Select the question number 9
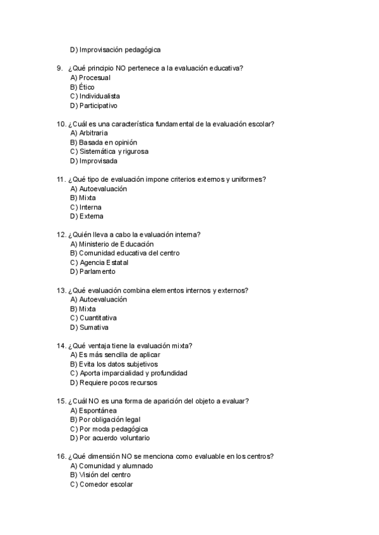(x=60, y=68)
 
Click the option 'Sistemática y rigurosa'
(x=113, y=151)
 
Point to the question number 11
(x=61, y=179)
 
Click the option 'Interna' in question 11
(x=90, y=207)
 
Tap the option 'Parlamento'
(x=97, y=271)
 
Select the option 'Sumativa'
(x=93, y=327)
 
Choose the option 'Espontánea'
(x=98, y=410)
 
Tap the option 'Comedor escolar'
(x=106, y=484)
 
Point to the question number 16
(x=61, y=456)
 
